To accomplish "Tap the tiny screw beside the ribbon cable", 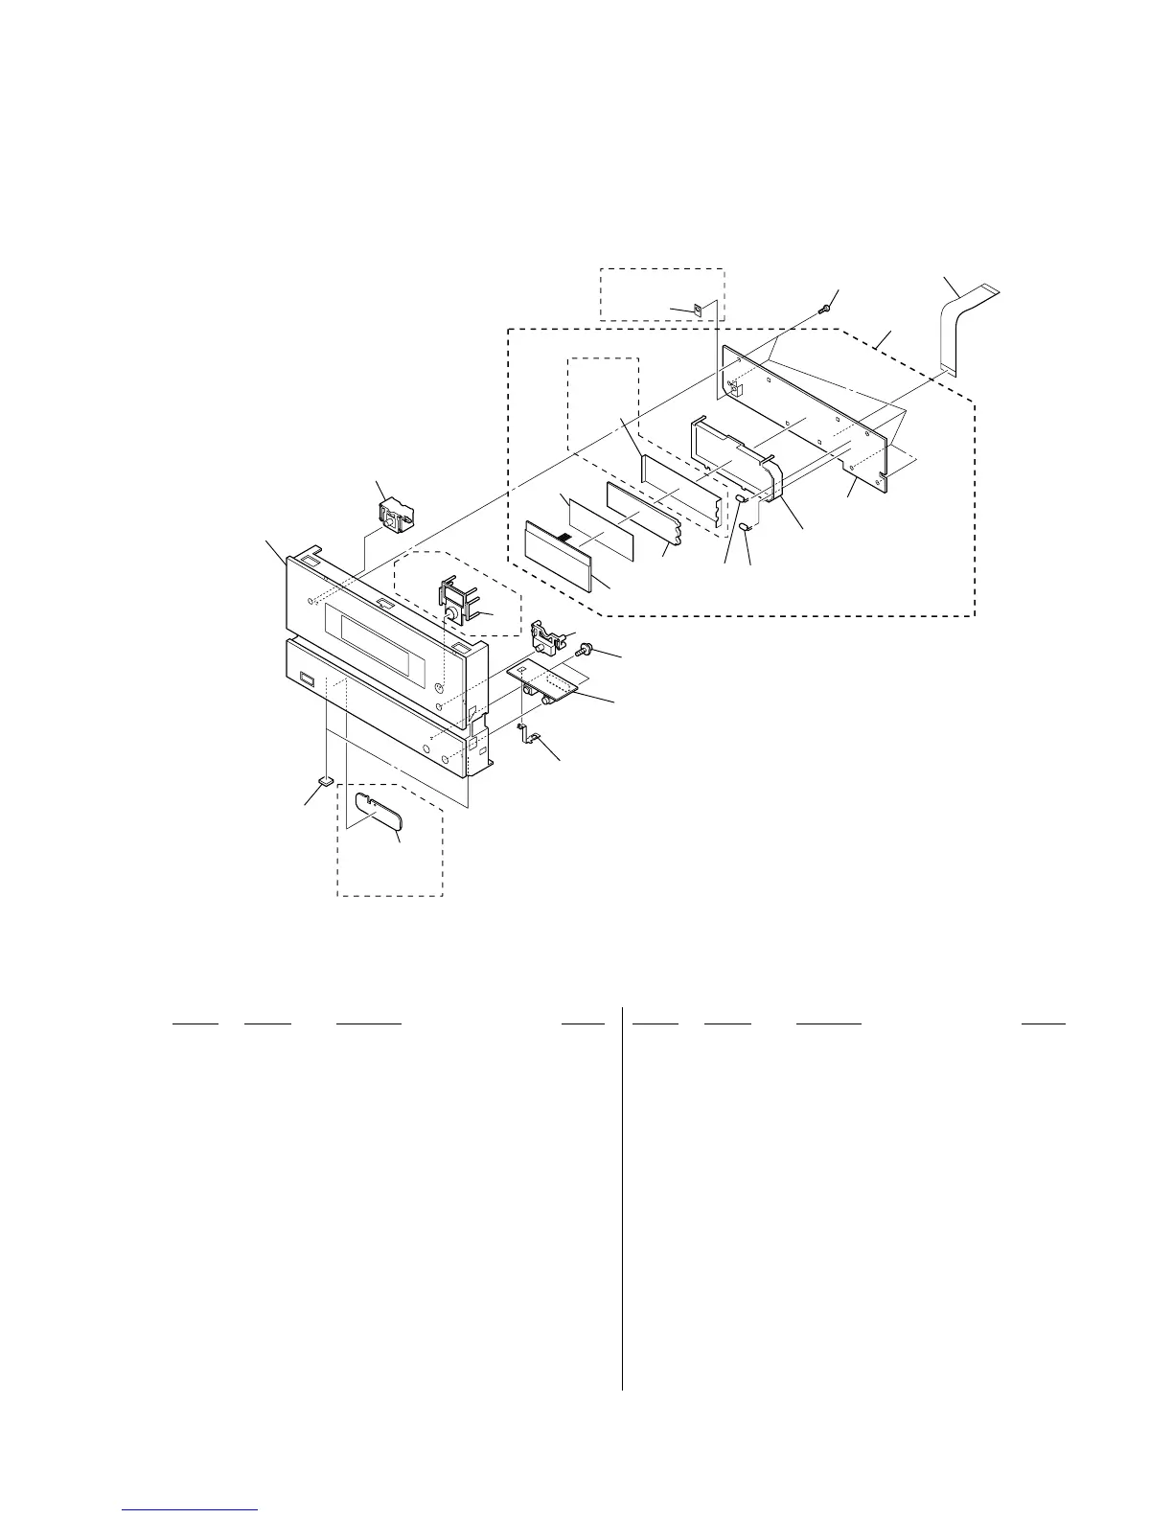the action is point(824,310).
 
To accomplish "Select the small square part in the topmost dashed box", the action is point(699,310).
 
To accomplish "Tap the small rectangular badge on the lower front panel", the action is point(307,680).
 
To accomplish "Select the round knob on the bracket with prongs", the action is point(450,612).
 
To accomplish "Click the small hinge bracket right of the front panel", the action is point(545,634).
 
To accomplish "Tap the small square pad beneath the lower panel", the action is point(327,781).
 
